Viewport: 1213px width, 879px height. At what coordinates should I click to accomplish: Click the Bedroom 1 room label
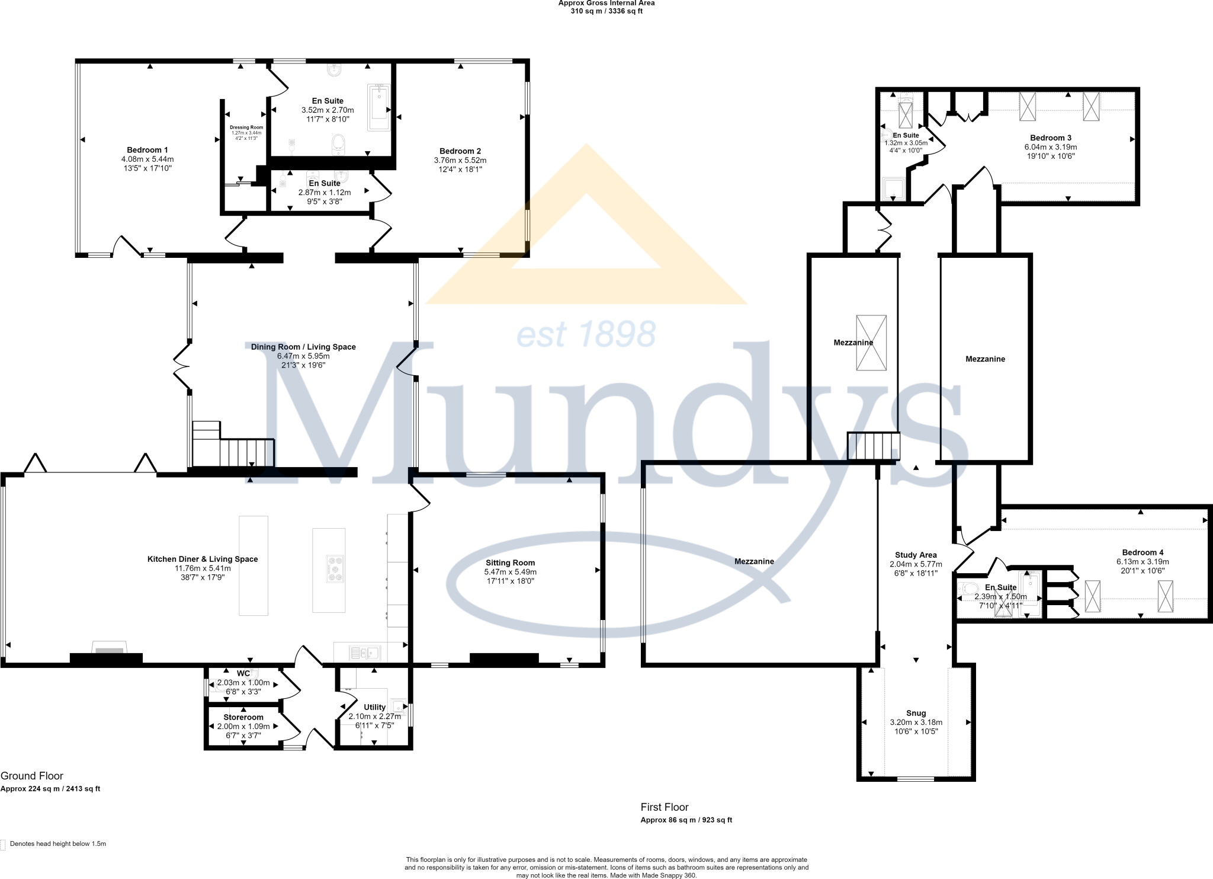[x=147, y=150]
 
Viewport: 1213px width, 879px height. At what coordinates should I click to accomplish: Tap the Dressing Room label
[x=246, y=127]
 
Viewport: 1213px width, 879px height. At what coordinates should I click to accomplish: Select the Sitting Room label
[x=510, y=562]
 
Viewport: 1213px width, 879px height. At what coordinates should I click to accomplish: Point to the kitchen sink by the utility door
[x=365, y=653]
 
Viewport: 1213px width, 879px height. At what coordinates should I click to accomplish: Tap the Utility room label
[x=374, y=707]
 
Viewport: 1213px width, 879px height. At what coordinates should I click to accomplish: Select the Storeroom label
[x=243, y=717]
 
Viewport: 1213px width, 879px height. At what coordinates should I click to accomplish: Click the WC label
[x=243, y=673]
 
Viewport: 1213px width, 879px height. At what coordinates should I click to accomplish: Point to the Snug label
[x=916, y=713]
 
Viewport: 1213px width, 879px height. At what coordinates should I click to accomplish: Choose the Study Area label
[x=916, y=555]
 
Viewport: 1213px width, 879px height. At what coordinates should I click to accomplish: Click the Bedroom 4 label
[x=1143, y=552]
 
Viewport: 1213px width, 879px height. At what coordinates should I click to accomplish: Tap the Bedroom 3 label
[x=1051, y=138]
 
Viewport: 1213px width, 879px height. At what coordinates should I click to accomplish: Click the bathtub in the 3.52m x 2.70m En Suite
[x=378, y=107]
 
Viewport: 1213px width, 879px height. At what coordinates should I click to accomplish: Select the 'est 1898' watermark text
[x=586, y=334]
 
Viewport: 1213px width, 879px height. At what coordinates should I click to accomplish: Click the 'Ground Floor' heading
[x=32, y=776]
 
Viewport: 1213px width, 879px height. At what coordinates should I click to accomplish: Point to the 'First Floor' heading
[x=665, y=807]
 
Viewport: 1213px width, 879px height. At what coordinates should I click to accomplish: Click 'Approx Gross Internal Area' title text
[x=606, y=3]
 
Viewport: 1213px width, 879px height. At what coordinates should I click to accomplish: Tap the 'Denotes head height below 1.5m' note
[x=57, y=843]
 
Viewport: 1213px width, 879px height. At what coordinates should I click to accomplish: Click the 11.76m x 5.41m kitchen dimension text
[x=203, y=568]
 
